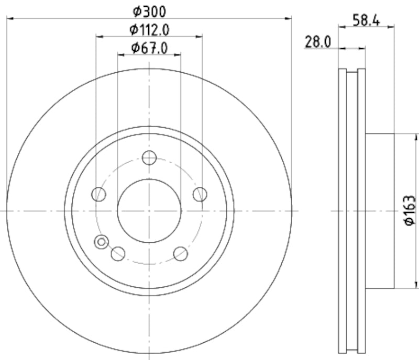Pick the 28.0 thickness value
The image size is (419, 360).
(318, 42)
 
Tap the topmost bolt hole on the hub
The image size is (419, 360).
(149, 157)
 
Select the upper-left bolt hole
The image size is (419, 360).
(98, 194)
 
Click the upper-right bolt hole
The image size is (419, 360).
(200, 194)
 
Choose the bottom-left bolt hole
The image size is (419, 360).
(118, 254)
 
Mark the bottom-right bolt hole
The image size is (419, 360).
(180, 254)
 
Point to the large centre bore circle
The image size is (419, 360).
(149, 211)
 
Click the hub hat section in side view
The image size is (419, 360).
(379, 211)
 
